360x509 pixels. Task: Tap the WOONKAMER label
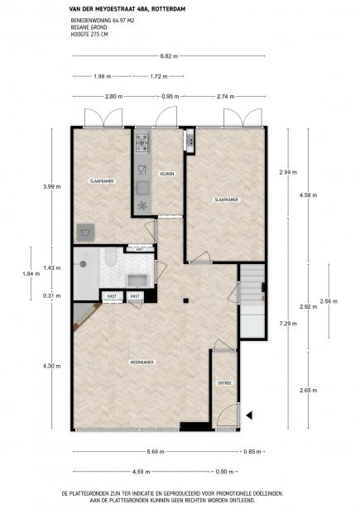click(142, 362)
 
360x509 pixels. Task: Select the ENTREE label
click(224, 383)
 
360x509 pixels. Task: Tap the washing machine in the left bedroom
click(84, 232)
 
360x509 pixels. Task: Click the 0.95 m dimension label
click(170, 97)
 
